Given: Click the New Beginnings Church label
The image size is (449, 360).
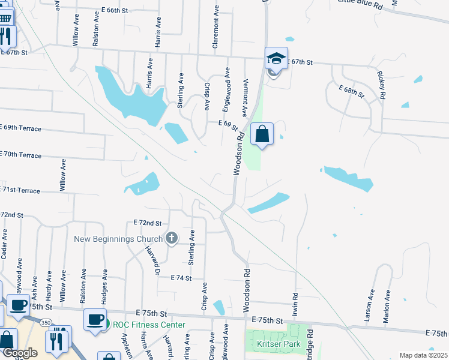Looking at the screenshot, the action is (x=118, y=239).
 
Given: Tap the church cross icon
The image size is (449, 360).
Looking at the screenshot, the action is (x=172, y=239).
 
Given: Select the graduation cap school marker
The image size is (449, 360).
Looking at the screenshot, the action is (x=277, y=59).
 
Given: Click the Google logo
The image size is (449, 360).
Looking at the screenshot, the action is (x=19, y=353).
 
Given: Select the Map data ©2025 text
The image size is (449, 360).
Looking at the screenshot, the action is (x=423, y=355).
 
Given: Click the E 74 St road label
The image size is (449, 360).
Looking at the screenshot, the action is (x=181, y=278).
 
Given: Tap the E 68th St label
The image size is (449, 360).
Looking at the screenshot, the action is (x=351, y=92).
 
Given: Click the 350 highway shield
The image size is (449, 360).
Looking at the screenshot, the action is (x=46, y=322).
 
